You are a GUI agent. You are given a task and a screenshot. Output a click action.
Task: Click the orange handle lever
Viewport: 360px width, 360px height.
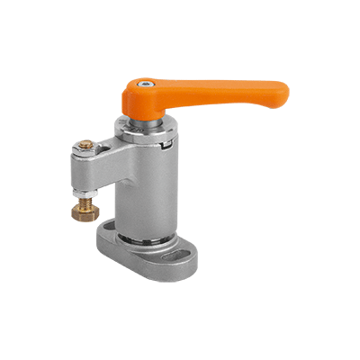pyautogui.click(x=225, y=91)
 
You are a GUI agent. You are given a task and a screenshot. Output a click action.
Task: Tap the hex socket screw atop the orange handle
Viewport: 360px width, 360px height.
pyautogui.click(x=148, y=84)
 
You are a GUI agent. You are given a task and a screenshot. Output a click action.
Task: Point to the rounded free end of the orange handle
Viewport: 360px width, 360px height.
pyautogui.click(x=281, y=91)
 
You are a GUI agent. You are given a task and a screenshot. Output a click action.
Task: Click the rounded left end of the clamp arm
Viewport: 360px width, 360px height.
pyautogui.click(x=71, y=171)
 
